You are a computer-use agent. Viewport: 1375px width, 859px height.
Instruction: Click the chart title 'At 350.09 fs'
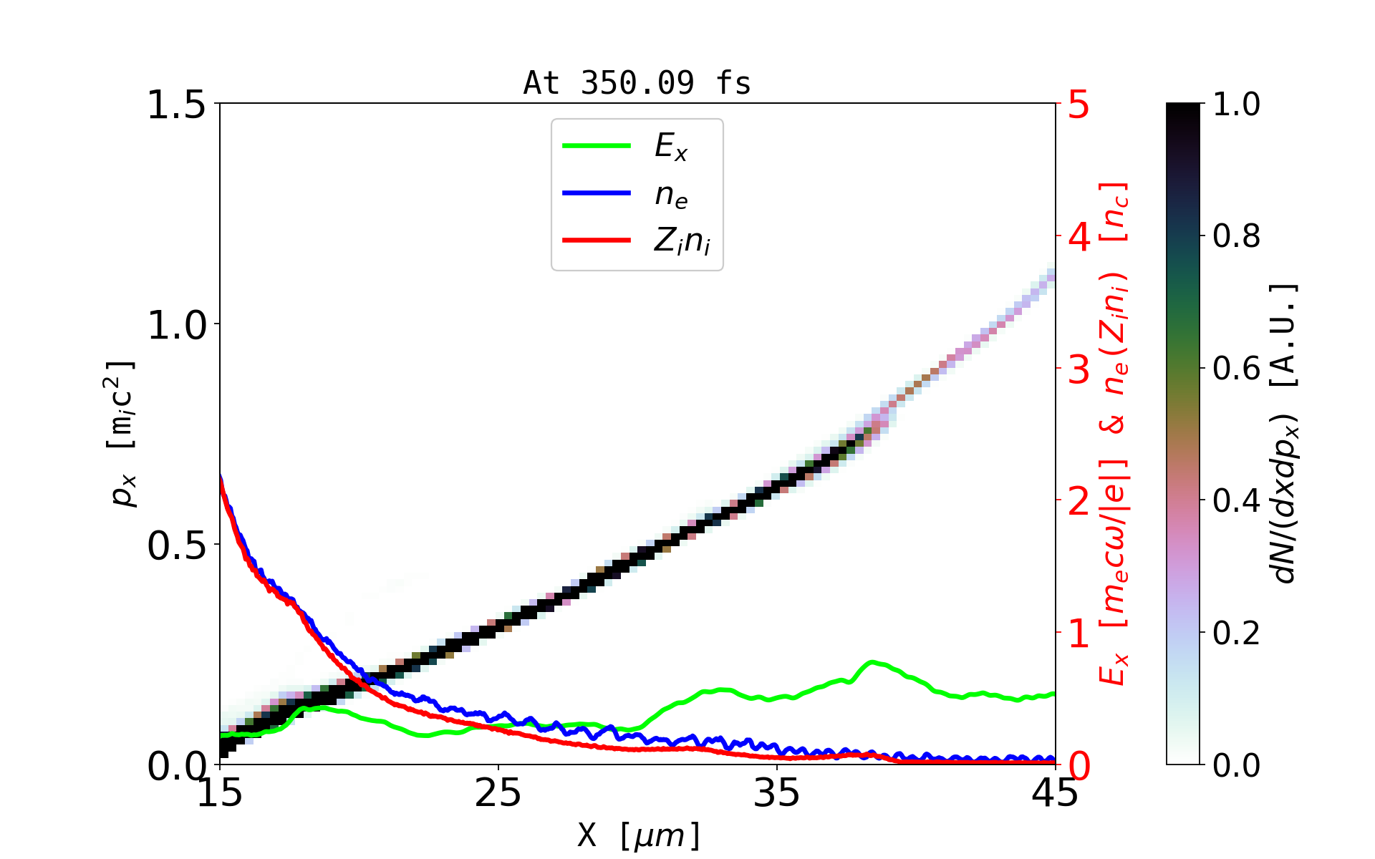tap(637, 83)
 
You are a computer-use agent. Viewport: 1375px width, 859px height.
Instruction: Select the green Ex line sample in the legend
tap(597, 146)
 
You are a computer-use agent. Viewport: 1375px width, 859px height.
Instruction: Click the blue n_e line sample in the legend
tap(597, 193)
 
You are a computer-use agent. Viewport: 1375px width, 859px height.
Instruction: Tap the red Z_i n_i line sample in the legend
tap(597, 241)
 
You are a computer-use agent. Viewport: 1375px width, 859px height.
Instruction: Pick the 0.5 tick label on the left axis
tap(176, 545)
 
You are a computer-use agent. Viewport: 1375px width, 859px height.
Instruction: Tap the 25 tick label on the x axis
tap(498, 793)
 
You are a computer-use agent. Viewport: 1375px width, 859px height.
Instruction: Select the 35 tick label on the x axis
tap(777, 793)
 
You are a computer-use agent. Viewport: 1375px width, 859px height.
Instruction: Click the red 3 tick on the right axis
tap(1079, 369)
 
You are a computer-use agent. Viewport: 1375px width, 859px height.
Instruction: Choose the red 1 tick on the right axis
tap(1079, 634)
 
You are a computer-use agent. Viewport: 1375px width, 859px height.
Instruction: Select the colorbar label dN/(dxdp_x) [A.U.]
tap(1285, 434)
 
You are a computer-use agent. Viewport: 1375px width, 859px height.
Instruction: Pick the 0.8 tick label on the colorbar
tap(1236, 236)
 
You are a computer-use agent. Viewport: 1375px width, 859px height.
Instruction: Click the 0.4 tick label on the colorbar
tap(1236, 501)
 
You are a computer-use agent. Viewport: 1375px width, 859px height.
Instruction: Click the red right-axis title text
tap(1114, 434)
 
